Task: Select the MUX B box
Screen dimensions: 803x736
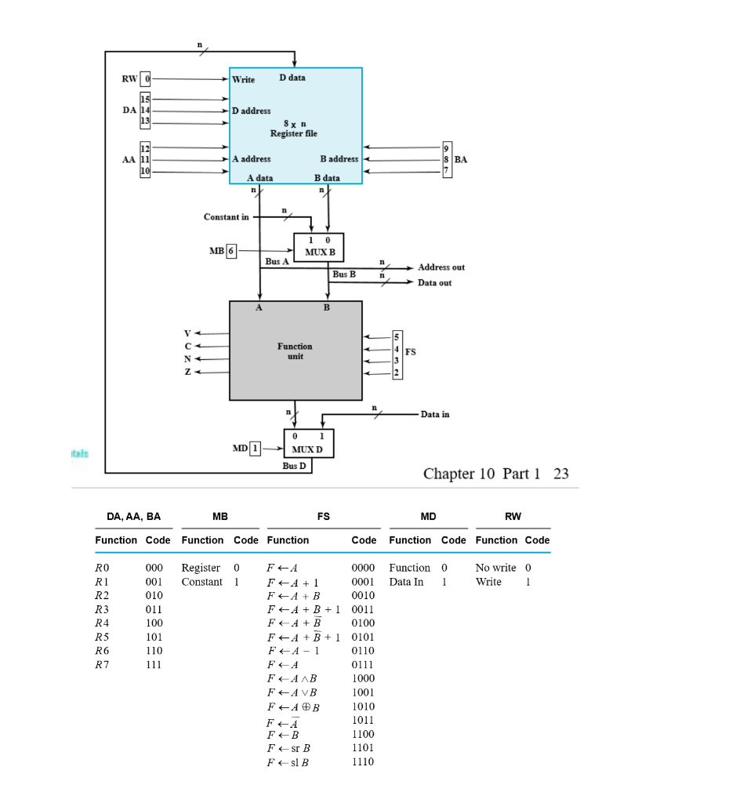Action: click(318, 245)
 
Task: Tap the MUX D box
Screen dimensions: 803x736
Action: click(308, 443)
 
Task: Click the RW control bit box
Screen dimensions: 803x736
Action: click(144, 79)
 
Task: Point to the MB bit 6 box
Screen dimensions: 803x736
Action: click(231, 251)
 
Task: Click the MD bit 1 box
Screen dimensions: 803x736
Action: click(255, 449)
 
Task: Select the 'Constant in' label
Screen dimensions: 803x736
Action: click(226, 216)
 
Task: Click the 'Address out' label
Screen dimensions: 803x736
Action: click(441, 267)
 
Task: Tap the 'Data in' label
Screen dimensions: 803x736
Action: click(435, 414)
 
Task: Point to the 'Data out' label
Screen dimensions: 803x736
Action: click(434, 282)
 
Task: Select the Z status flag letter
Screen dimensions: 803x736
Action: click(187, 372)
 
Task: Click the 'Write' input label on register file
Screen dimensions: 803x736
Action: click(243, 80)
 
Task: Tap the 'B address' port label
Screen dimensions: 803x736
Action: click(339, 158)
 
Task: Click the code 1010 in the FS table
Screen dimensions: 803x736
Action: click(363, 706)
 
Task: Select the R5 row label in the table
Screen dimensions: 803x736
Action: click(101, 637)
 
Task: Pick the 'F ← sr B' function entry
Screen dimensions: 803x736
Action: click(288, 748)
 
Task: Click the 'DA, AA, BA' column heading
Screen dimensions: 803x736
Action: click(133, 516)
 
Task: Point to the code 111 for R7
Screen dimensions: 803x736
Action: click(154, 664)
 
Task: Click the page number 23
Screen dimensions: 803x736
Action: click(560, 474)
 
